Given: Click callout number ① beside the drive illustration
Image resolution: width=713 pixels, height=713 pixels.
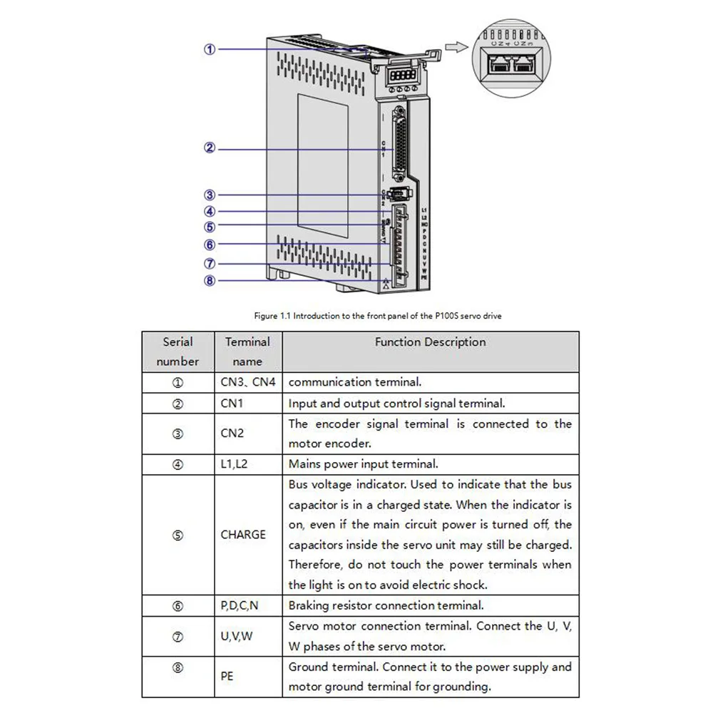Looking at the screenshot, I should click(209, 49).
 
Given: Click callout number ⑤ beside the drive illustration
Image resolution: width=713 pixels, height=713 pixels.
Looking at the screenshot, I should click(209, 227).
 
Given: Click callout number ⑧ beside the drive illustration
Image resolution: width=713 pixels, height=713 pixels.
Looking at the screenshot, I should click(209, 280).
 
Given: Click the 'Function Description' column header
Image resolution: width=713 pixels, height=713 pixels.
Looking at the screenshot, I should click(430, 342).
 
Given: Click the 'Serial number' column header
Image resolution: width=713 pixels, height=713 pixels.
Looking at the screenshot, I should click(178, 352).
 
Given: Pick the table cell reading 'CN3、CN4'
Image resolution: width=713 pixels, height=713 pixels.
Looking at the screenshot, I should click(247, 382).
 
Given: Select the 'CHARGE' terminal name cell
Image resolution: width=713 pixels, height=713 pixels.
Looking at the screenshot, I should click(243, 535).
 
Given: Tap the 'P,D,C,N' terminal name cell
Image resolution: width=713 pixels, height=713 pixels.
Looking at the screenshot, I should click(240, 606).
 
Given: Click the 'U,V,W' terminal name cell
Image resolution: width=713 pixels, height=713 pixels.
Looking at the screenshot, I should click(237, 637).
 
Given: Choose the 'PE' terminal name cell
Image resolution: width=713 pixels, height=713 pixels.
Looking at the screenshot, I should click(227, 677).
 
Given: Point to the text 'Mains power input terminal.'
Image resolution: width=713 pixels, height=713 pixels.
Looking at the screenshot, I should click(363, 464).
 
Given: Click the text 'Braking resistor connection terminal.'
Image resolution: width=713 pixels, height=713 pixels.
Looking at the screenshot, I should click(386, 606).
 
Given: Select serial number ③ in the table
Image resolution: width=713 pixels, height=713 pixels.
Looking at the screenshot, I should click(178, 434).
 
